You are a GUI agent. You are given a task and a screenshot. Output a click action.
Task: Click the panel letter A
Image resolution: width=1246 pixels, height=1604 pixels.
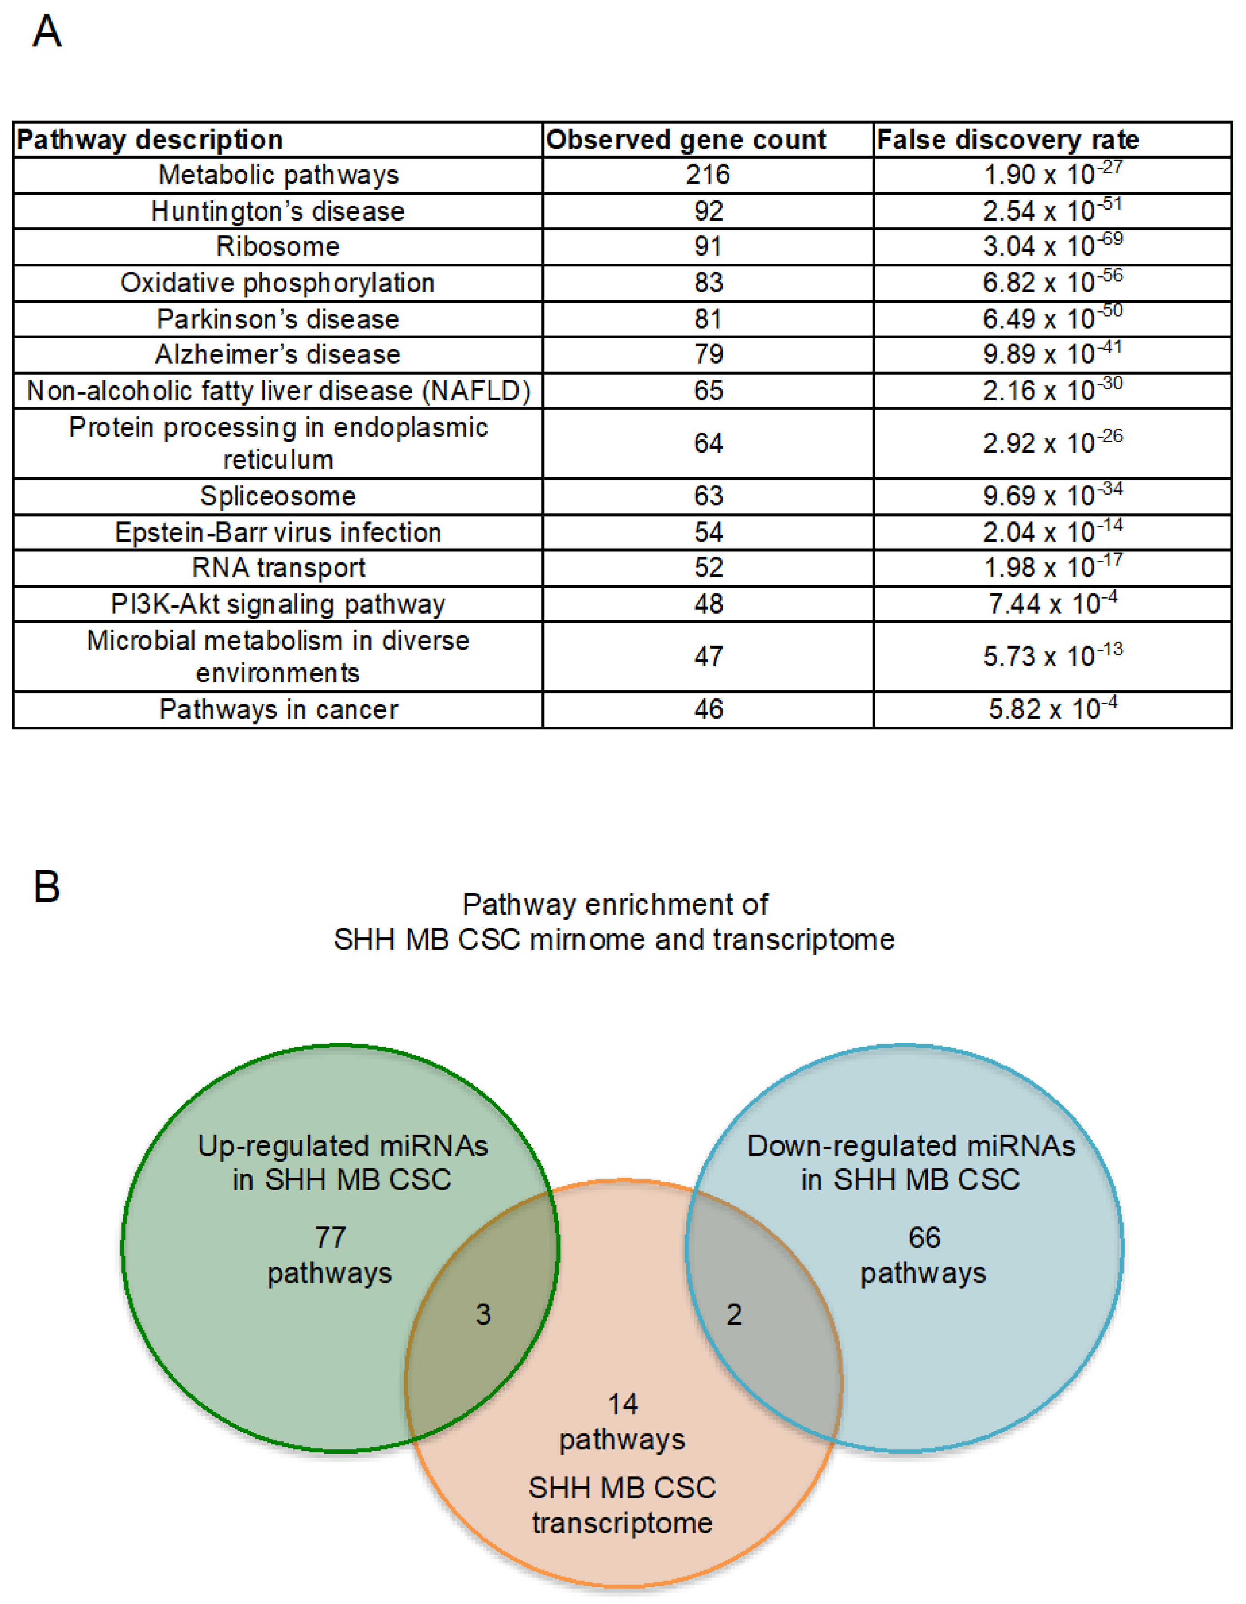(47, 32)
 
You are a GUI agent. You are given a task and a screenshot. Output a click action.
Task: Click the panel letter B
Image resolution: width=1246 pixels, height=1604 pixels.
(47, 887)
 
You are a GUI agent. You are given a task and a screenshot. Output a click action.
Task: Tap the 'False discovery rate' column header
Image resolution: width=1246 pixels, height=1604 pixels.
(1007, 140)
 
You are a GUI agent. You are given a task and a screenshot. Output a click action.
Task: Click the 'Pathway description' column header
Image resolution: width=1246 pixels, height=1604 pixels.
(150, 140)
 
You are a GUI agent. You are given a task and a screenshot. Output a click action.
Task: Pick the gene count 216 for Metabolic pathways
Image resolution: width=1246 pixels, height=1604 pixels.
(708, 175)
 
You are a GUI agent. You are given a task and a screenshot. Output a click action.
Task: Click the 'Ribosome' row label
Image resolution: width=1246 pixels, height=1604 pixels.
(278, 246)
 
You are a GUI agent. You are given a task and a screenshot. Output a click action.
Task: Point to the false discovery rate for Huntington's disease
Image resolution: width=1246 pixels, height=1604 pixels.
(1052, 210)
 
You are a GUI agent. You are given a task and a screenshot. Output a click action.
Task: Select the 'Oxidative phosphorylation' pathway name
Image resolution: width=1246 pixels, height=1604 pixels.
(278, 283)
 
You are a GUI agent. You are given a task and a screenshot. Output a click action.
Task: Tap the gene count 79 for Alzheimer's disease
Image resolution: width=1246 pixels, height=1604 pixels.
(708, 354)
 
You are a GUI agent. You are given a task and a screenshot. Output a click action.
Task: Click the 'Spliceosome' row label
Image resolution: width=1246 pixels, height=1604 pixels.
(278, 496)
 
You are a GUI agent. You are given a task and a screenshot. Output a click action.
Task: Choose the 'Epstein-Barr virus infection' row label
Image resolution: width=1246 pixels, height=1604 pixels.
(278, 532)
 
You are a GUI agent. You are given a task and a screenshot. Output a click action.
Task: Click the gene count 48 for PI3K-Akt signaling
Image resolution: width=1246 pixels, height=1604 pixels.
(708, 604)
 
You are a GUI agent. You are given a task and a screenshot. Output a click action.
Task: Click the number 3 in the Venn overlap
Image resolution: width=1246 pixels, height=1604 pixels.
(483, 1315)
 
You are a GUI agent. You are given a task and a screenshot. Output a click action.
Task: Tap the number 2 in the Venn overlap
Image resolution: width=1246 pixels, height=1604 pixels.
(734, 1315)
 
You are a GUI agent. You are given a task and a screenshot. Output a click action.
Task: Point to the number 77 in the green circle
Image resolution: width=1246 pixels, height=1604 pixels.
(330, 1237)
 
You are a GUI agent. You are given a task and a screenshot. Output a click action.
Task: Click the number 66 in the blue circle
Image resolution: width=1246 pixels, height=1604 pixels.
(923, 1237)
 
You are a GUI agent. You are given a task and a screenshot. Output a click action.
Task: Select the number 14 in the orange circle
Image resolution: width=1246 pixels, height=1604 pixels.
(622, 1404)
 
